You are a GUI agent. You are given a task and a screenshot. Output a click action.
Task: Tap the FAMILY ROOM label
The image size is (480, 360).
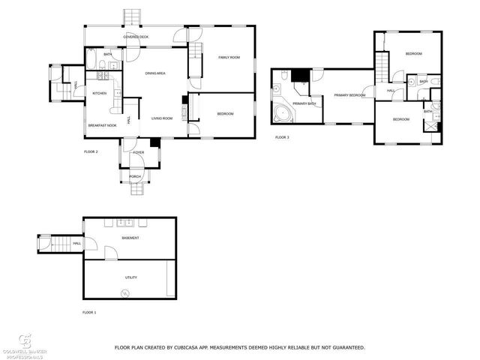point(229,58)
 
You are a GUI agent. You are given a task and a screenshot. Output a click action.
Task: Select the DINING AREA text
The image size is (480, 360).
point(154,73)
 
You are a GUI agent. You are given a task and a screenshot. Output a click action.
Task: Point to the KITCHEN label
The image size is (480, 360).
point(100,93)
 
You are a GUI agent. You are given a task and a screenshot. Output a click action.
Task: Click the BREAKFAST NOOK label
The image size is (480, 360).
point(102,125)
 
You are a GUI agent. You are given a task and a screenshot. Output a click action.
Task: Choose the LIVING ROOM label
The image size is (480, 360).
point(162,118)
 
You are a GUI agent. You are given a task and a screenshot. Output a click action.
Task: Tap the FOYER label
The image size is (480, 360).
point(139,152)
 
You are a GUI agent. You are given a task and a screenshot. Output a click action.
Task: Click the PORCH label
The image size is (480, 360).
point(135,176)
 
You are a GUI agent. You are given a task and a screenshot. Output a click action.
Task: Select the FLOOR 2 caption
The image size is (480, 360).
point(91,151)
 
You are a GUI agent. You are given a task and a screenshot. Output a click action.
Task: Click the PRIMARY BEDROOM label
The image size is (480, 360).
point(349,95)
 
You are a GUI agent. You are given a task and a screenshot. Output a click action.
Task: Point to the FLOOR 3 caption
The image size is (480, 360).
point(282,137)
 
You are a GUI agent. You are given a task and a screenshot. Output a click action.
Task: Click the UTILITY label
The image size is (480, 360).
point(131,277)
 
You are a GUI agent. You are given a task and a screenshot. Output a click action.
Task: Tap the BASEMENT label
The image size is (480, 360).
point(131,238)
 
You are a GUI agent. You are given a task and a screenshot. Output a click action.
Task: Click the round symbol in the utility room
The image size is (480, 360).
point(125,292)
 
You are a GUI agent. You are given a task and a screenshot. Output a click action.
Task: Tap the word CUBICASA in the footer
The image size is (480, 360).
point(197,347)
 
